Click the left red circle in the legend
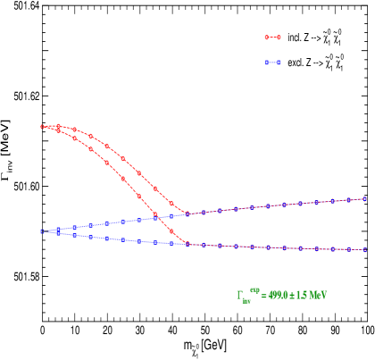[x=266, y=38]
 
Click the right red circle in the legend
[x=279, y=38]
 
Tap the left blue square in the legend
[x=266, y=63]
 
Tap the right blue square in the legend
[x=279, y=63]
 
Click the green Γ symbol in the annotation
[x=239, y=296]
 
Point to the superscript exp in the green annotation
[x=254, y=290]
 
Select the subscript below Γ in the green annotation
[x=246, y=301]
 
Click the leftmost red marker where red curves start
[x=42, y=127]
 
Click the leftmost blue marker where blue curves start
[x=42, y=231]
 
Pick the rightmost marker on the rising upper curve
[x=364, y=198]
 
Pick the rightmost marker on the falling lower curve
[x=364, y=250]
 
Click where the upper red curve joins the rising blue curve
[x=187, y=213]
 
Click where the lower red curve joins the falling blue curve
[x=187, y=244]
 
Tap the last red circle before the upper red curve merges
[x=171, y=202]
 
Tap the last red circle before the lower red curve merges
[x=171, y=231]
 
